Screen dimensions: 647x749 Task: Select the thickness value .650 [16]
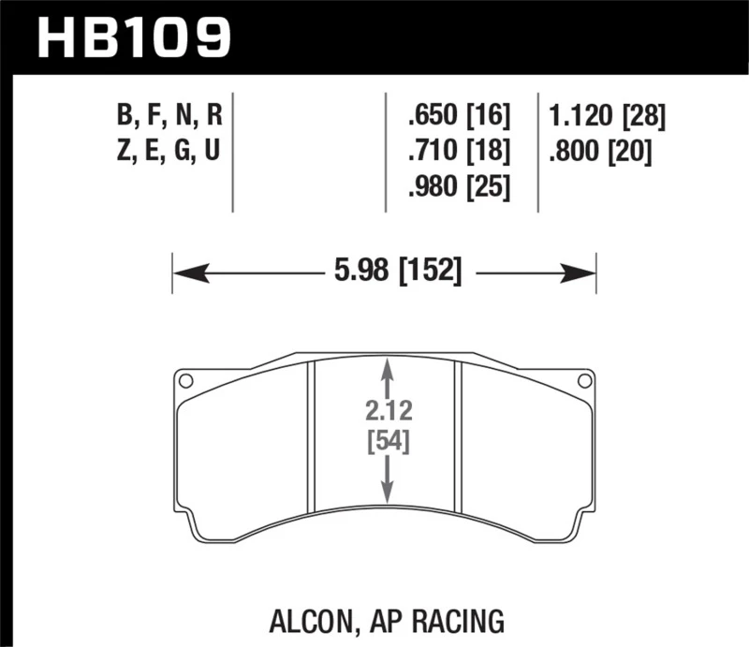tap(458, 117)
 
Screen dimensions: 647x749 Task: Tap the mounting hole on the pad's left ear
tap(185, 381)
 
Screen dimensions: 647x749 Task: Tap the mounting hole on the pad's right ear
tap(584, 381)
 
